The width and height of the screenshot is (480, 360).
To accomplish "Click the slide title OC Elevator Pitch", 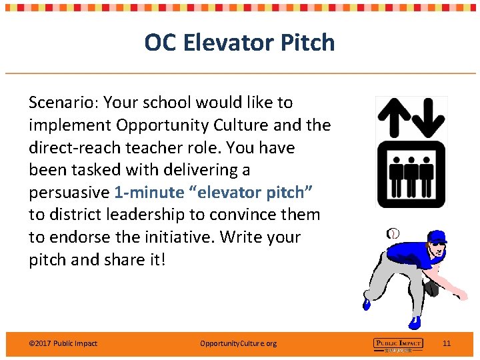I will pyautogui.click(x=239, y=43).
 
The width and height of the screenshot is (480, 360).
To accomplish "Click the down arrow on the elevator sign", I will pyautogui.click(x=428, y=116).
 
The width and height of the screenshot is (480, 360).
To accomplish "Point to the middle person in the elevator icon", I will pyautogui.click(x=411, y=173).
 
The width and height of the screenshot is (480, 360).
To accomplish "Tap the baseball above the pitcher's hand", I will pyautogui.click(x=394, y=233).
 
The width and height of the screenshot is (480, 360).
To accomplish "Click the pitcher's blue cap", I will pyautogui.click(x=437, y=237).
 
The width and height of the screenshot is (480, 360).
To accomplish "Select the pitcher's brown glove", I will pyautogui.click(x=432, y=288).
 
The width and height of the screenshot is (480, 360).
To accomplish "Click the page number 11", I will pyautogui.click(x=447, y=343).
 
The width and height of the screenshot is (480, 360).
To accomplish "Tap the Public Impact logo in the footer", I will pyautogui.click(x=398, y=344).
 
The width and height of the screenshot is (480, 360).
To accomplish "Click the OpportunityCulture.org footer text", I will pyautogui.click(x=238, y=343).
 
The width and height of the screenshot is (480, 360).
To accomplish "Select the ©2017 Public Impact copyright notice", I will pyautogui.click(x=63, y=343).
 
